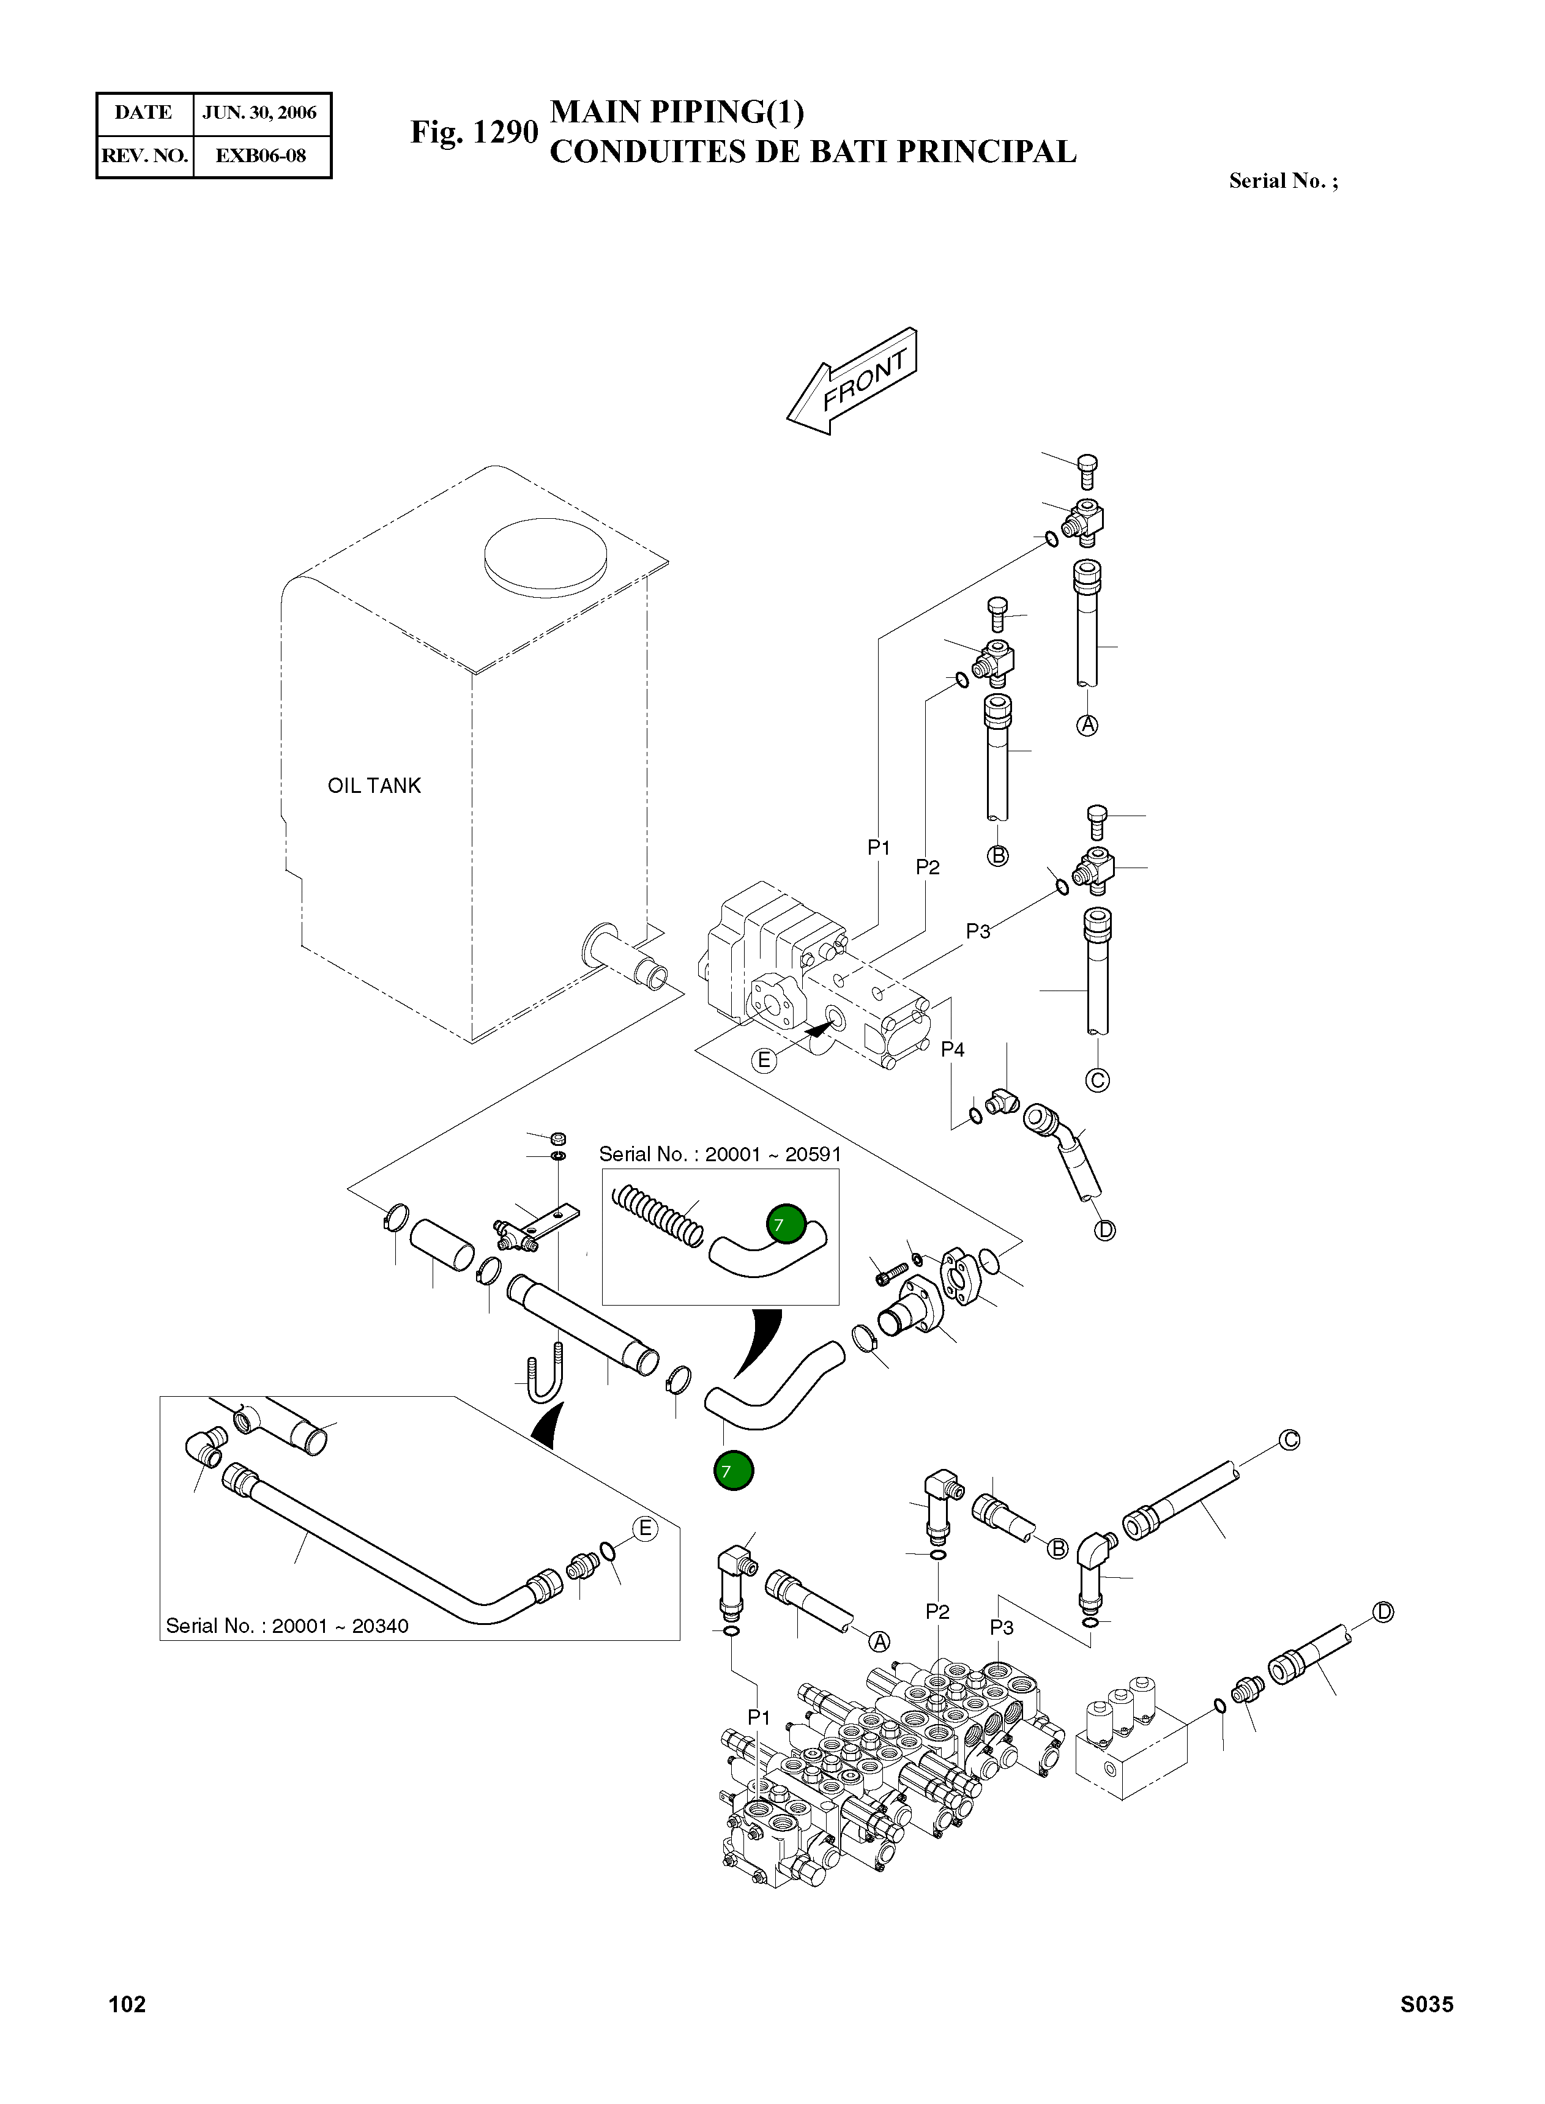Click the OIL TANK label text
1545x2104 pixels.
(x=374, y=786)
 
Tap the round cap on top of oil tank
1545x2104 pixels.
(x=545, y=556)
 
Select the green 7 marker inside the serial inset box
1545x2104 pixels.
(x=786, y=1223)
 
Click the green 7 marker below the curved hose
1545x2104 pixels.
(x=733, y=1471)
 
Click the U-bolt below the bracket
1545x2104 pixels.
(x=545, y=1375)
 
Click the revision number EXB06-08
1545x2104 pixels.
(x=261, y=155)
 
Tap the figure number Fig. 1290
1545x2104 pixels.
(x=474, y=132)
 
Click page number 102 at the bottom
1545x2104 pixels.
(x=127, y=2004)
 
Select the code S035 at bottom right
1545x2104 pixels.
(x=1426, y=2004)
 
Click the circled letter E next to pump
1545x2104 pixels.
(x=764, y=1060)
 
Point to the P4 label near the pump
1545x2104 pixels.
(x=952, y=1049)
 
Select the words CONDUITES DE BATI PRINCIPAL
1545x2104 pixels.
(x=813, y=152)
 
